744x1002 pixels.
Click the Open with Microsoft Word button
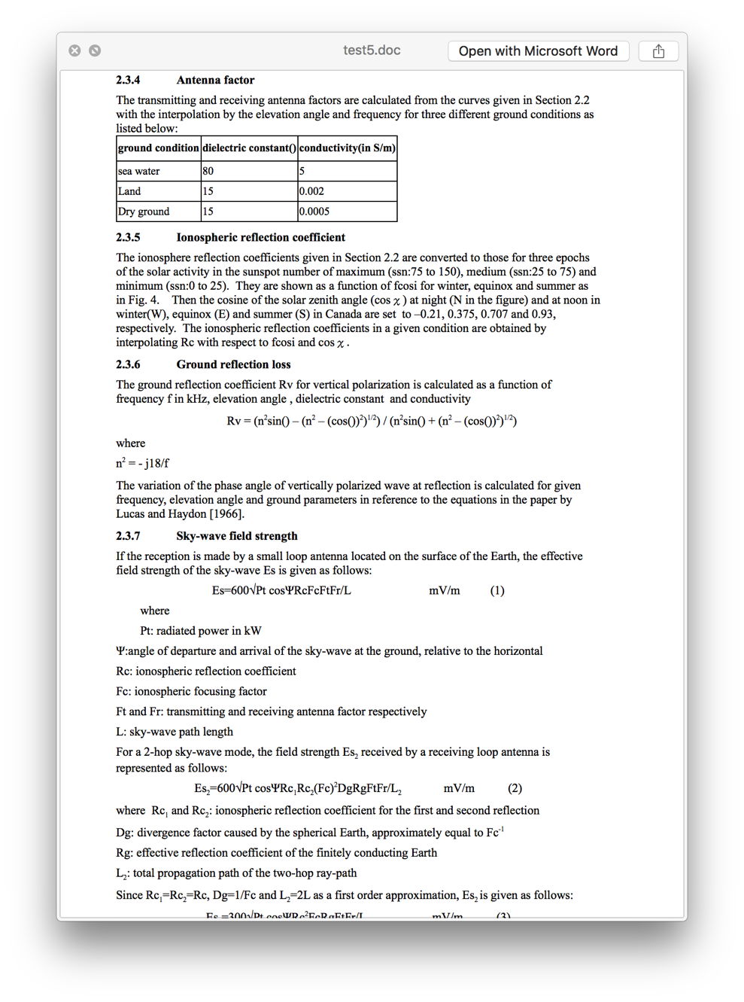538,51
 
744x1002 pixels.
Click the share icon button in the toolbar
658,51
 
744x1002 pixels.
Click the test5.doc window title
372,50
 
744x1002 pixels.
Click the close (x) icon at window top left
74,50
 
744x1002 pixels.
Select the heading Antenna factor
215,81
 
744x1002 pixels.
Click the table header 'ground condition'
159,148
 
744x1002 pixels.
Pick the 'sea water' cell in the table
139,172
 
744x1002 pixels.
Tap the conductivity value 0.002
311,191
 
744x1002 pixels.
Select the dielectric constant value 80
208,172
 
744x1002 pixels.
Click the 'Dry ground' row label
144,212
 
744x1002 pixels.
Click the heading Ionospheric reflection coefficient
260,238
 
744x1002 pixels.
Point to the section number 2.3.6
128,365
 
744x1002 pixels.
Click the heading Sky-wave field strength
237,537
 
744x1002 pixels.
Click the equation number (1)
497,591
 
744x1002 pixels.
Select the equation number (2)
515,789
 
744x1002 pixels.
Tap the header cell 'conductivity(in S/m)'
347,148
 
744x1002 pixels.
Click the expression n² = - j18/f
142,464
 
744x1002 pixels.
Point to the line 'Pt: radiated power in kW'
201,632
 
